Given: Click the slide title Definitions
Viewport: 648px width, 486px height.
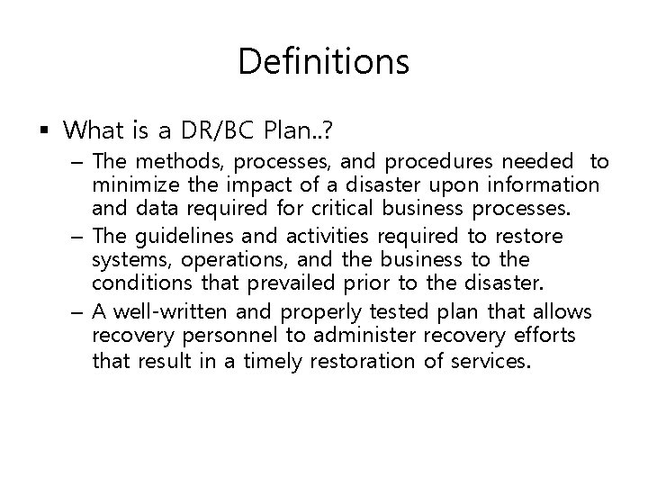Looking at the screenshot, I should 324,61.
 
